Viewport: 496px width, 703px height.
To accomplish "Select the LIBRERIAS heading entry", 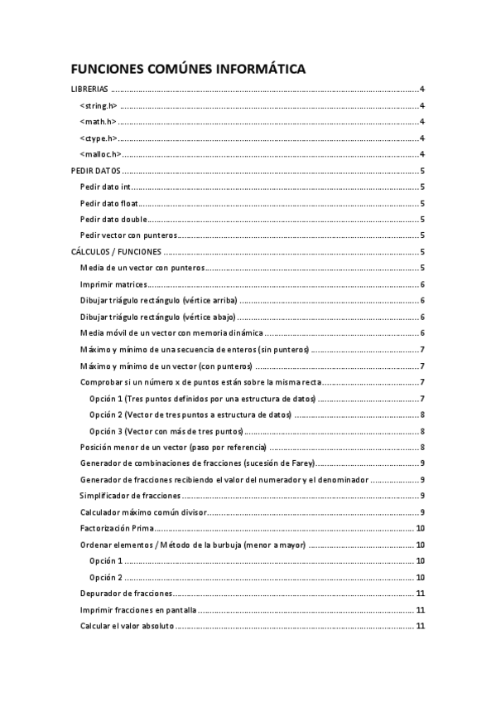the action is [x=88, y=90].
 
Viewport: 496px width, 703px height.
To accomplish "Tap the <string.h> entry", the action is [x=99, y=106].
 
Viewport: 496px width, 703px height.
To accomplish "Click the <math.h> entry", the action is [x=98, y=122].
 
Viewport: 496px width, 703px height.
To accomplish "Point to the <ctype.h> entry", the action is [x=99, y=138].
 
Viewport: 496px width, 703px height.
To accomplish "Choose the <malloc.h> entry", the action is [x=101, y=154].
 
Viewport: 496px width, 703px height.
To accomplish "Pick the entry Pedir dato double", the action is [x=113, y=220].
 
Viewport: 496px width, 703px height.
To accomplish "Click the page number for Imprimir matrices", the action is [x=422, y=284].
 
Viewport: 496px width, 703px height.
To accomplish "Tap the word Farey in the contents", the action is [x=298, y=463].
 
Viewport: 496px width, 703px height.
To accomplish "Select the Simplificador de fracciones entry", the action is [x=131, y=496].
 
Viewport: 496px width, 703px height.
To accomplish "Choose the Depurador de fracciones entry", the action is [x=126, y=594].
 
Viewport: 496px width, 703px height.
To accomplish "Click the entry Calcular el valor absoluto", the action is [x=127, y=626].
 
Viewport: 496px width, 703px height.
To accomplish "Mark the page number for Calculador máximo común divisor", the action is [x=422, y=512].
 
